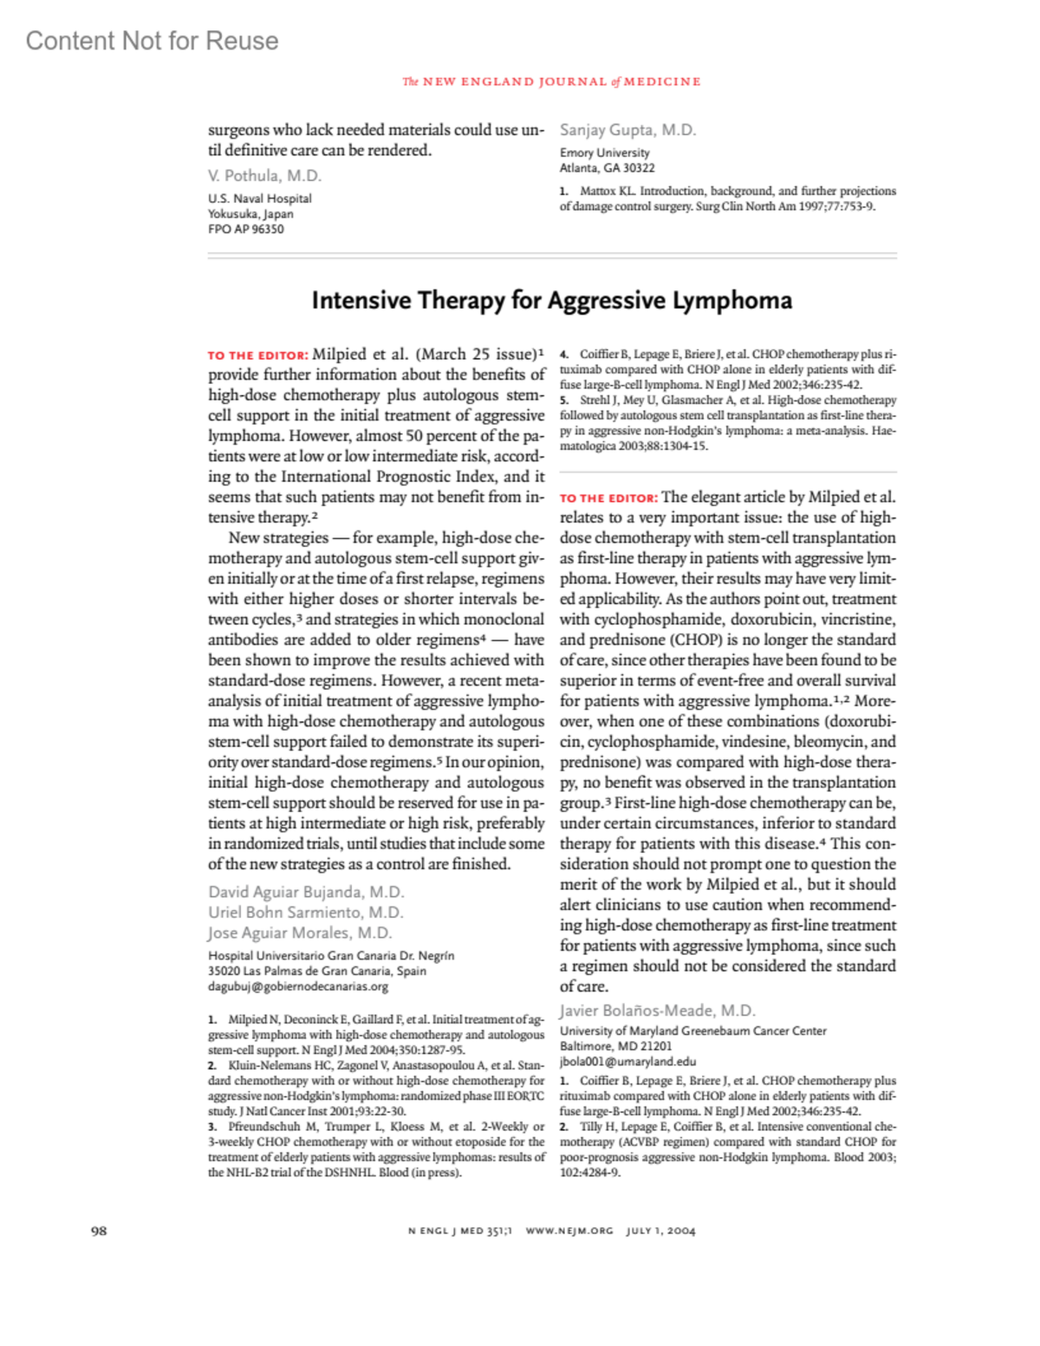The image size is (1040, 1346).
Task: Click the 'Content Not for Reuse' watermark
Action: [152, 41]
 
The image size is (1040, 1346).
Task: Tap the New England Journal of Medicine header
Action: [551, 81]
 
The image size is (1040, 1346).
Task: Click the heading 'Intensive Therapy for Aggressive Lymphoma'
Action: [551, 300]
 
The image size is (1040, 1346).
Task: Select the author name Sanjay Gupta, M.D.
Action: [627, 130]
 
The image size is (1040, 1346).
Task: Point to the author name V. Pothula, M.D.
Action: [264, 175]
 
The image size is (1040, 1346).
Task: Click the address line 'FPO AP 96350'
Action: [245, 229]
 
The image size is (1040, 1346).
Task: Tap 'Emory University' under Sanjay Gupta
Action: [604, 153]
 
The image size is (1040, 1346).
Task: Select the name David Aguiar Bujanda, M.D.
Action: [306, 892]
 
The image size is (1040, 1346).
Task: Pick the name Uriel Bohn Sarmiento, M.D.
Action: [305, 912]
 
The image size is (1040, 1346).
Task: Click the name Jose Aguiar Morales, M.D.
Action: [300, 933]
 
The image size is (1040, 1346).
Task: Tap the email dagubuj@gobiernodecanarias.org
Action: [297, 985]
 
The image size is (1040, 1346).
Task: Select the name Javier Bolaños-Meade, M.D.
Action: [657, 1010]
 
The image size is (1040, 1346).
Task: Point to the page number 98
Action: [99, 1231]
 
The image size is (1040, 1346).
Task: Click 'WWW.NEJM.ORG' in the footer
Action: [569, 1231]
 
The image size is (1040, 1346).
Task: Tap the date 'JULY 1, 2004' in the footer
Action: [660, 1231]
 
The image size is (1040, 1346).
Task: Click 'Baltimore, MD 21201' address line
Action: [615, 1046]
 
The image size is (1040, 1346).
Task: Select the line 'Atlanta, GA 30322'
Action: [607, 168]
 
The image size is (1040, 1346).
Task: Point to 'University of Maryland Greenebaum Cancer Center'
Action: [692, 1031]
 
